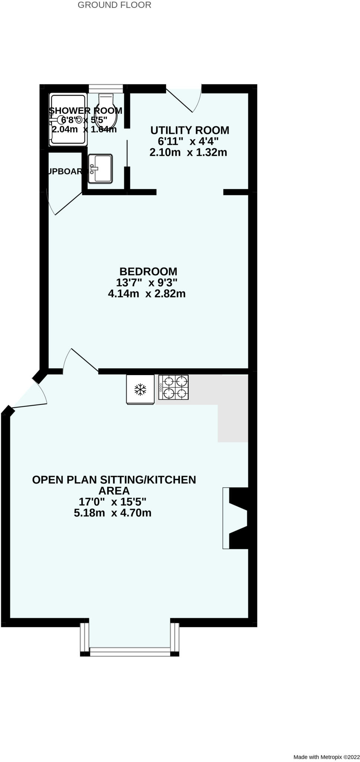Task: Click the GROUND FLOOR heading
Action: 114,5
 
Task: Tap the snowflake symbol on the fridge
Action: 140,390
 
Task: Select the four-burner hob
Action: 173,387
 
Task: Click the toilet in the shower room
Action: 106,111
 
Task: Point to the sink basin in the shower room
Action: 100,169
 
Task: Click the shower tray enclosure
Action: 68,119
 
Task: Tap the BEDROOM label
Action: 148,271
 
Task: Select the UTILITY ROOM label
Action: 190,130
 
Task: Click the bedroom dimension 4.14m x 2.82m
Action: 147,294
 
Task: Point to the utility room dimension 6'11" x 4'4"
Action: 188,141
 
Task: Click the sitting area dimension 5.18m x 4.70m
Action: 112,513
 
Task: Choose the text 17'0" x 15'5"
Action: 112,502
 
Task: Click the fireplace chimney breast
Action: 238,518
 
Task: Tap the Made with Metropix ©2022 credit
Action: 326,757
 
